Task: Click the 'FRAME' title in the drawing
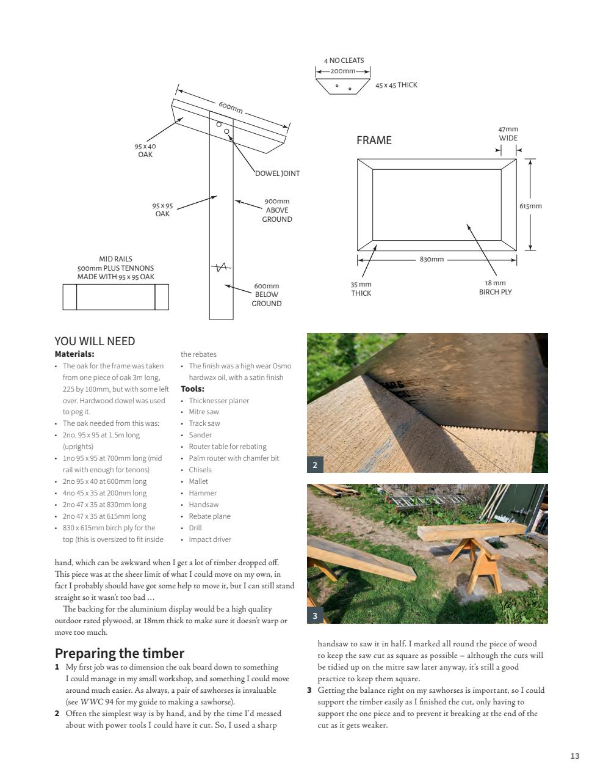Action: point(374,141)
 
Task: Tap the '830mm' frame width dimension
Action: point(431,259)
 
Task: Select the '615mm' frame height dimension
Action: point(530,206)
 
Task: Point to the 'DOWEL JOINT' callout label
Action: point(277,174)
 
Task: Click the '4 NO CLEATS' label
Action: point(344,60)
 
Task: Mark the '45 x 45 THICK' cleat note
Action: point(396,85)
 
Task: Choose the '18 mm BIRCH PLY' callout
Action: point(495,288)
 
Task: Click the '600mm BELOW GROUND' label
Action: point(267,294)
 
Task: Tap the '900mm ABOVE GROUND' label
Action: point(277,210)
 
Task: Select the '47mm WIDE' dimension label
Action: point(508,133)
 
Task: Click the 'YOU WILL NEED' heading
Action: point(95,342)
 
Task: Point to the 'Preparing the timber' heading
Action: point(120,653)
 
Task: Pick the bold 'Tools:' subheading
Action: point(192,389)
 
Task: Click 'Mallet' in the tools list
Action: point(198,481)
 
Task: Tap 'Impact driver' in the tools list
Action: point(210,539)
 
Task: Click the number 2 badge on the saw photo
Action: point(315,465)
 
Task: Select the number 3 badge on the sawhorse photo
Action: point(315,616)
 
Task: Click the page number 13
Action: point(574,756)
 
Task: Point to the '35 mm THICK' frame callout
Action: point(361,288)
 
